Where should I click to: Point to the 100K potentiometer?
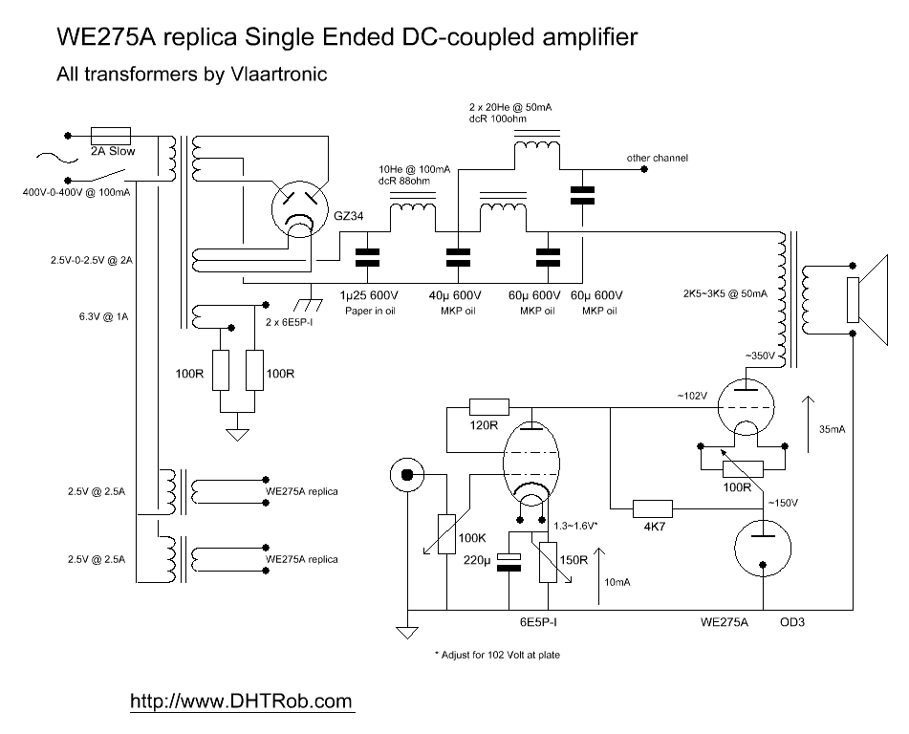point(446,533)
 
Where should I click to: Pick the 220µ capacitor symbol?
point(510,563)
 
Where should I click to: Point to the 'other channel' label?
point(657,158)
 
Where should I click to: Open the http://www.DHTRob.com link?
point(241,701)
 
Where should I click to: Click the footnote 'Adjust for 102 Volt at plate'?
point(504,657)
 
